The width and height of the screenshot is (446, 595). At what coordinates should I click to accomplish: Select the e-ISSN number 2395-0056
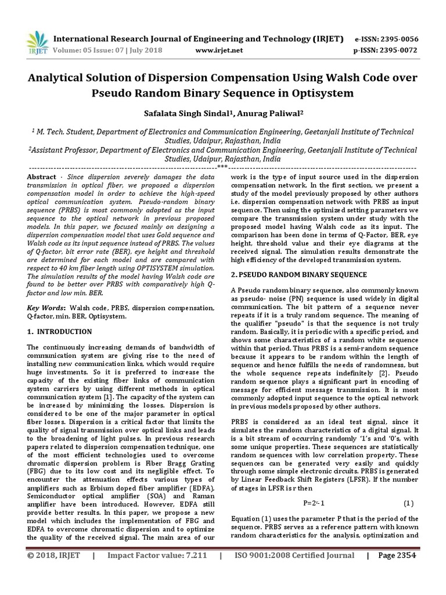pos(398,39)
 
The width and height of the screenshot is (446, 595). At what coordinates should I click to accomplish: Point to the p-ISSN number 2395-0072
pos(399,51)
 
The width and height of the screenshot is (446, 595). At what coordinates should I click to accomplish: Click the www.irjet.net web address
pos(220,51)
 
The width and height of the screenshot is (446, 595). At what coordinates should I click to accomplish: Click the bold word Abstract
pos(42,176)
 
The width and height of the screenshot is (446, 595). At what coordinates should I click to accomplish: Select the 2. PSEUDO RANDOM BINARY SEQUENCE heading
pos(299,274)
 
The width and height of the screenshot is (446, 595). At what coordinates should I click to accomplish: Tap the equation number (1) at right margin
pos(408,503)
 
